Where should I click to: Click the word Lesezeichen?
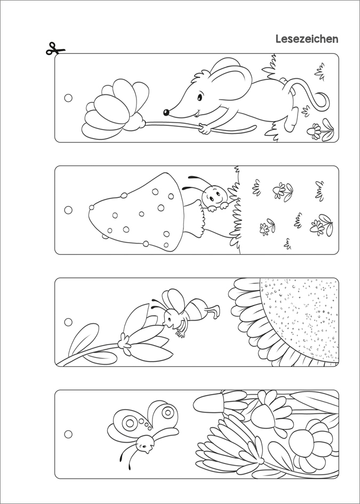(307, 39)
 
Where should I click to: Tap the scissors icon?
(55, 49)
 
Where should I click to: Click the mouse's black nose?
(166, 112)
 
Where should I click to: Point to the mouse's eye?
(199, 97)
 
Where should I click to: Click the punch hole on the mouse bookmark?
(68, 98)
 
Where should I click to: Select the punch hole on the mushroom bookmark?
(68, 210)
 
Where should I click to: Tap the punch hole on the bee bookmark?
(68, 322)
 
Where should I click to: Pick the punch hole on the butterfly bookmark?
(68, 434)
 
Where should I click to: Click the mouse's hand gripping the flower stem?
(204, 129)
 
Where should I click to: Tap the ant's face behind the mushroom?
(215, 195)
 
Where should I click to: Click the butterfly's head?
(145, 443)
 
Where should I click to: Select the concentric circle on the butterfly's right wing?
(168, 412)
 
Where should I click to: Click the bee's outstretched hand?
(181, 332)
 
